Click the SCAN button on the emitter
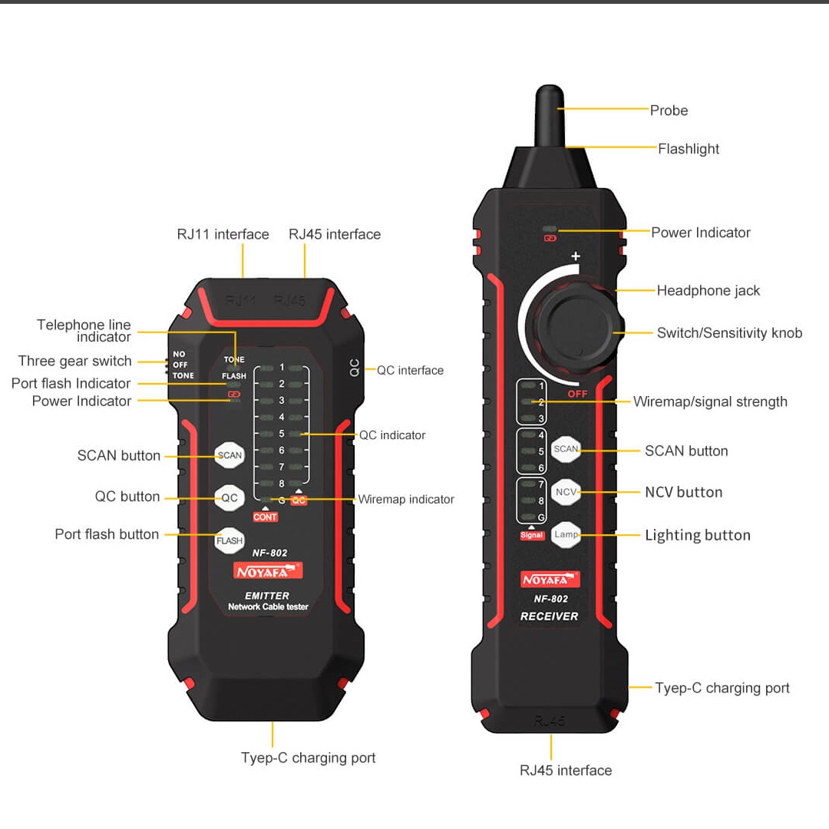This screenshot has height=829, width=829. tap(230, 455)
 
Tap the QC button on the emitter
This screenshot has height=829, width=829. tap(230, 497)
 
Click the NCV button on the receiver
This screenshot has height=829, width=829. tap(566, 492)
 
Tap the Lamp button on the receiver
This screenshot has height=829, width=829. tap(566, 534)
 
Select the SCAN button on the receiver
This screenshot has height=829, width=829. tap(566, 449)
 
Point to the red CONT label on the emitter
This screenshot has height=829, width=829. tap(265, 517)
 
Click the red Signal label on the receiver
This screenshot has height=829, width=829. tap(531, 535)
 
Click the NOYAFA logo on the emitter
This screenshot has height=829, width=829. tap(268, 572)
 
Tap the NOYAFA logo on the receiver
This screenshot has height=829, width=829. tap(550, 580)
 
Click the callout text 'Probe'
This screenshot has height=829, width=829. tap(669, 111)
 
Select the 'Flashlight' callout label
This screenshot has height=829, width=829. tap(689, 149)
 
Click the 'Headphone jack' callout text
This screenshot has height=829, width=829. tap(708, 290)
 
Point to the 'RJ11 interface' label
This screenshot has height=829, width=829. tap(223, 234)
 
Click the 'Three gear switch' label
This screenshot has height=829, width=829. tap(75, 361)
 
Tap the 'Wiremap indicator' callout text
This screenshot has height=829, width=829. tap(406, 499)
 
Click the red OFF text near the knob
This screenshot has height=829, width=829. tap(577, 394)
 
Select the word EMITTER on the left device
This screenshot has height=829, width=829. tap(267, 596)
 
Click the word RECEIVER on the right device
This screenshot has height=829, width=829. tap(550, 616)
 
